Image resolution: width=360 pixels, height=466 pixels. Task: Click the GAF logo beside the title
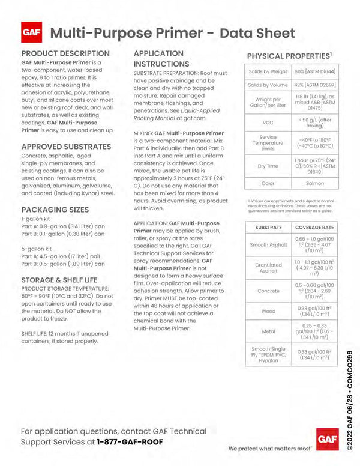(x=31, y=33)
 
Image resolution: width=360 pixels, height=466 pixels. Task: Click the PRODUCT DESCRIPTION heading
(x=65, y=53)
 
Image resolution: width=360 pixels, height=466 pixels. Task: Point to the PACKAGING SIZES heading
(x=55, y=210)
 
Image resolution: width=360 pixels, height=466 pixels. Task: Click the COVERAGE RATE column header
(x=315, y=228)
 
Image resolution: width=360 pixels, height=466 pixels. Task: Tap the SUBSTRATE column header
(x=268, y=228)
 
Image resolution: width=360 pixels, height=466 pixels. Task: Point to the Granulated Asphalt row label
(x=268, y=268)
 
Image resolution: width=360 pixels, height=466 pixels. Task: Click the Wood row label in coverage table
(x=268, y=311)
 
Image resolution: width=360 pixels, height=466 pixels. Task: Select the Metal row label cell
(x=268, y=332)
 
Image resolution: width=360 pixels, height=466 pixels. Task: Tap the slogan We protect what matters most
(x=270, y=449)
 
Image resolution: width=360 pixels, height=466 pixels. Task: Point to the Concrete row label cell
(x=268, y=291)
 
